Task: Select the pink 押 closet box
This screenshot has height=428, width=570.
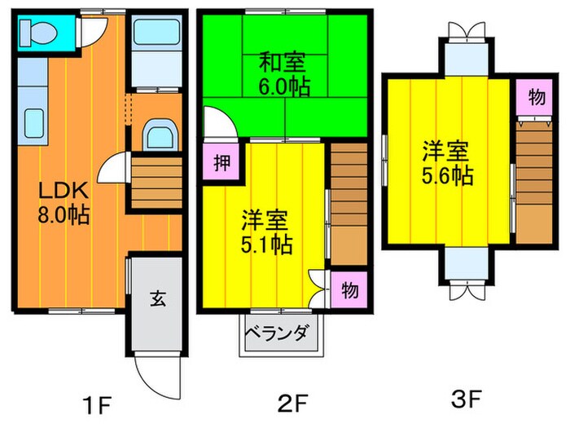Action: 220,160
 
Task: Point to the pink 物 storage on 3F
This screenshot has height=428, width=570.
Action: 535,98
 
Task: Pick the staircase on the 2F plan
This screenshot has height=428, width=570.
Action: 348,205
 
